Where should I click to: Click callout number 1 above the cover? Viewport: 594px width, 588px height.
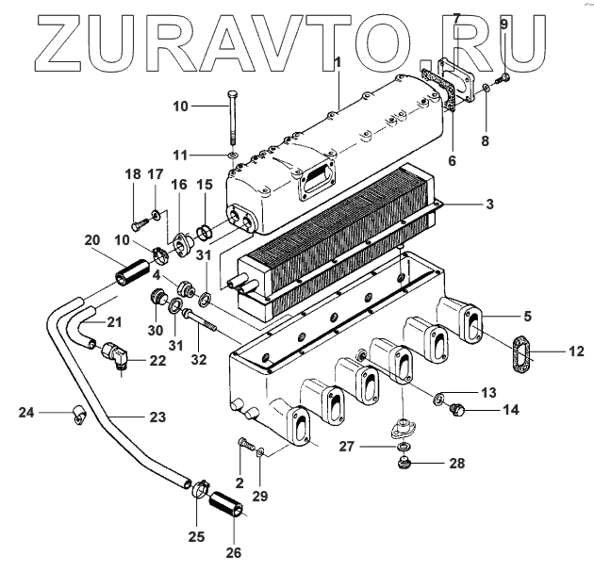pyautogui.click(x=337, y=62)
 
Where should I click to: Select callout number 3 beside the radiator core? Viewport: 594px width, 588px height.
pyautogui.click(x=489, y=204)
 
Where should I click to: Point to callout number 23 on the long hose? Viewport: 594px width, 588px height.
pyautogui.click(x=157, y=416)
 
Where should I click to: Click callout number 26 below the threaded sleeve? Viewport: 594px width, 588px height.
pyautogui.click(x=232, y=553)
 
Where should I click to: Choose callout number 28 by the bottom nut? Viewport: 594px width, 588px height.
pyautogui.click(x=456, y=465)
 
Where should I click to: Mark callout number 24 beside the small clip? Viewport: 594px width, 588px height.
pyautogui.click(x=27, y=411)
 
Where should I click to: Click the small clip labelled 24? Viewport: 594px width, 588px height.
pyautogui.click(x=77, y=412)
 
